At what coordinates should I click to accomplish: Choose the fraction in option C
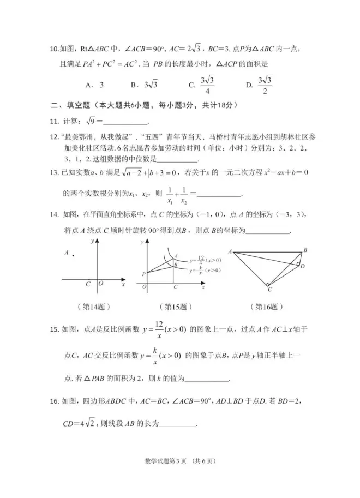[207, 85]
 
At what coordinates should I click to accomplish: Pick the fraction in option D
[265, 85]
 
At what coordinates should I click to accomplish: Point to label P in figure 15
[143, 274]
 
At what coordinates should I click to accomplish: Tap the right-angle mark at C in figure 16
[267, 284]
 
